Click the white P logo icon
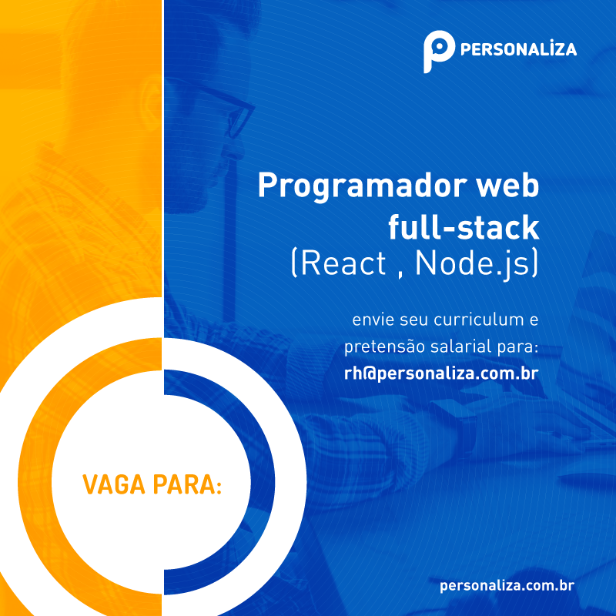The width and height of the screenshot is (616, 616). (436, 51)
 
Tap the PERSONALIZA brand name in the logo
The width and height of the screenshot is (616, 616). (517, 50)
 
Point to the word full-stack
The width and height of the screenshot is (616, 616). (463, 227)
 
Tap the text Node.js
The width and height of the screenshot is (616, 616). (470, 263)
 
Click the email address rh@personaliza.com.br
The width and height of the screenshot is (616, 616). (440, 373)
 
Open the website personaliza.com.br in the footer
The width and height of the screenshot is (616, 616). (507, 586)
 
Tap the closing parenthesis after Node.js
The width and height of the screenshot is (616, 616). (534, 263)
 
